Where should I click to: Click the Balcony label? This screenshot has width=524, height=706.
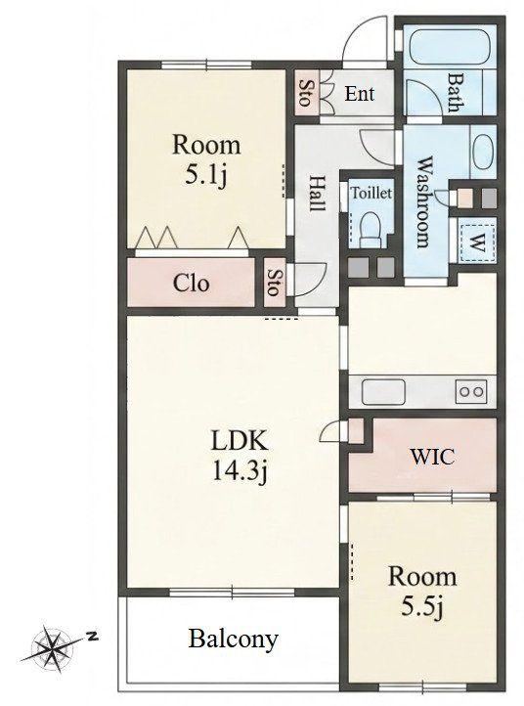[234, 640]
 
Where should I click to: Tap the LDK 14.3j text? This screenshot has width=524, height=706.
[240, 457]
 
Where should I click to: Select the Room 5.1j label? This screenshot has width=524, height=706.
[206, 159]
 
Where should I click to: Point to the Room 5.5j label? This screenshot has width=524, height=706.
[422, 591]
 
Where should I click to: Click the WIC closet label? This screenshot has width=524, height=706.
[432, 457]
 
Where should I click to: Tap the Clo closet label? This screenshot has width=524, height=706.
[191, 284]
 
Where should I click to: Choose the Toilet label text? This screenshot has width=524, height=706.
[371, 194]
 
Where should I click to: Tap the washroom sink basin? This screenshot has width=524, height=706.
[484, 152]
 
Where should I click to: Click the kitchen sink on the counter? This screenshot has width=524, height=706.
[383, 392]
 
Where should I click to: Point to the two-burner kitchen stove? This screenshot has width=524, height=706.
[471, 391]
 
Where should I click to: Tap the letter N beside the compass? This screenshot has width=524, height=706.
[93, 637]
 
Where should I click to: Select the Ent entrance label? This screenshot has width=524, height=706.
[359, 94]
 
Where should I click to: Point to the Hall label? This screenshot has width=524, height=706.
[318, 194]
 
